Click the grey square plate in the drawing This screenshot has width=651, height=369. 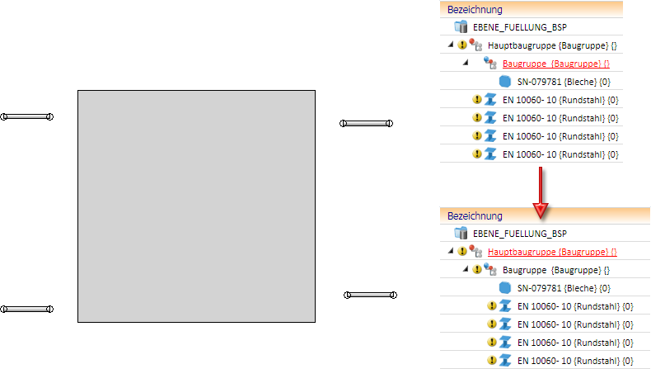coord(196,206)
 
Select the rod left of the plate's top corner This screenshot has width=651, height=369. coord(27,116)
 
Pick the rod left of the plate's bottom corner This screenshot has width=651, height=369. coord(27,310)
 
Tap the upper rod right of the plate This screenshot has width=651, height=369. coord(367,124)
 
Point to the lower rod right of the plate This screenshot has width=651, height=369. coord(370,295)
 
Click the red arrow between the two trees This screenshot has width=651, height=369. coord(540,192)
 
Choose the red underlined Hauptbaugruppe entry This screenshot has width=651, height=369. coord(552,252)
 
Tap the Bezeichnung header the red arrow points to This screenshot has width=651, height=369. coord(475,215)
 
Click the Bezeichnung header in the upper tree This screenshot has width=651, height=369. coord(475,9)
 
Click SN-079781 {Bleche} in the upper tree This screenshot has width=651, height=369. coord(563,81)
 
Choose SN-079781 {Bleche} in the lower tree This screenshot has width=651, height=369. coord(563,288)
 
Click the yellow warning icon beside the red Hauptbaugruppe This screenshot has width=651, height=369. coord(461,252)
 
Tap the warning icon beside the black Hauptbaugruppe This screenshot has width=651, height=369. coord(461,45)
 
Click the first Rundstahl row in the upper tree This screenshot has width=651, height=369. coord(560,99)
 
